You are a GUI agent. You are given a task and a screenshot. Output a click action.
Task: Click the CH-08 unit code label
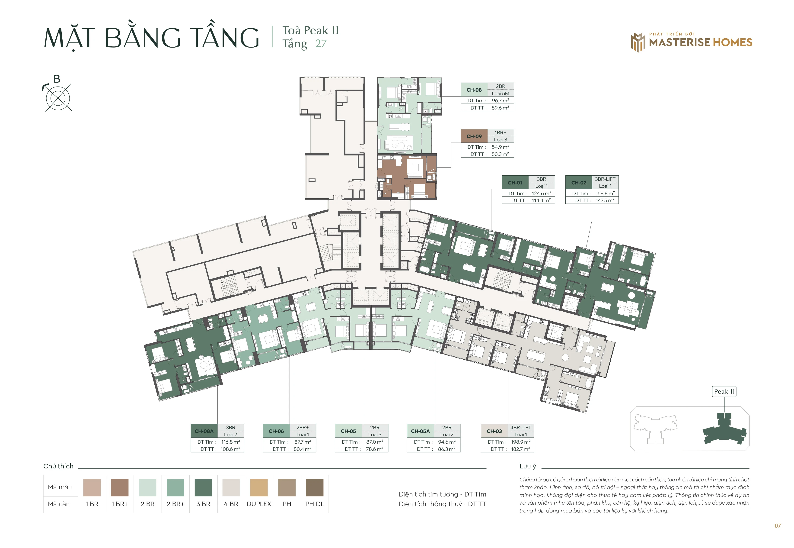pyautogui.click(x=474, y=90)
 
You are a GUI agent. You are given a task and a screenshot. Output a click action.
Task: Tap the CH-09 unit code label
pyautogui.click(x=474, y=136)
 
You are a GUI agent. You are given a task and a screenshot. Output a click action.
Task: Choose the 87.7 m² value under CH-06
pyautogui.click(x=302, y=442)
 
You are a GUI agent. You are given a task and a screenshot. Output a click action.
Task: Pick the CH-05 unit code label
pyautogui.click(x=348, y=431)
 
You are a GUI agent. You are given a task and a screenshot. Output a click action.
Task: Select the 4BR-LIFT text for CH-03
pyautogui.click(x=520, y=428)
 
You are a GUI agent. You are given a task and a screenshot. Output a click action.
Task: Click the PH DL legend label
pyautogui.click(x=315, y=504)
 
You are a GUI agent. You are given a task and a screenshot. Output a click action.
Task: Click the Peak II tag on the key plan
pyautogui.click(x=724, y=391)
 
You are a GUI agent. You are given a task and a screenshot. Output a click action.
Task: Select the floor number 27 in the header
pyautogui.click(x=321, y=44)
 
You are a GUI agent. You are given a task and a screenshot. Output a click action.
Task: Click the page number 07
pyautogui.click(x=778, y=526)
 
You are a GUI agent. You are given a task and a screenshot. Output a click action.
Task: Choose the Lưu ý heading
pyautogui.click(x=528, y=466)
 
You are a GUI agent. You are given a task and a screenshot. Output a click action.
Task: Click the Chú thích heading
pyautogui.click(x=58, y=466)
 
